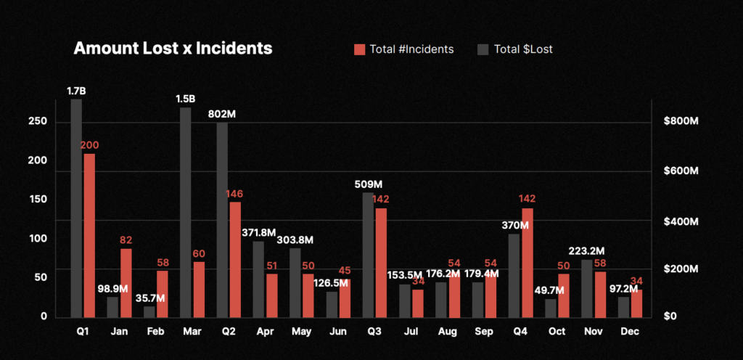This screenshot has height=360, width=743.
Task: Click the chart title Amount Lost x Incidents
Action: (x=173, y=49)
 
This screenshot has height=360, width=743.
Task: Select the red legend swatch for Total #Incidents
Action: (x=360, y=49)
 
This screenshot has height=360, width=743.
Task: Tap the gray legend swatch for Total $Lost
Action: (x=483, y=49)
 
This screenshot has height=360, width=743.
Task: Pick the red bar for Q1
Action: (x=89, y=235)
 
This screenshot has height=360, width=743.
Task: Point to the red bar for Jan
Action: (x=126, y=283)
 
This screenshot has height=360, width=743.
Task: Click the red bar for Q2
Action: (x=235, y=259)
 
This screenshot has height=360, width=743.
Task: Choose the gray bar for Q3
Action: (x=368, y=255)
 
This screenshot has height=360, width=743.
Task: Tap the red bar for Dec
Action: (x=636, y=303)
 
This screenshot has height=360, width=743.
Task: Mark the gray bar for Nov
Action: (x=587, y=288)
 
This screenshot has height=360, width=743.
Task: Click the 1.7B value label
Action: (x=76, y=91)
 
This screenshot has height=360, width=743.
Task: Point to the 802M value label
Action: (x=231, y=114)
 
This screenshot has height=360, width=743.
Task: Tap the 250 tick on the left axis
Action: (x=38, y=121)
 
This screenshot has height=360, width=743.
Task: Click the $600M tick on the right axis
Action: (x=681, y=171)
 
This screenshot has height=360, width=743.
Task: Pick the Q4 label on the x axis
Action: (x=520, y=330)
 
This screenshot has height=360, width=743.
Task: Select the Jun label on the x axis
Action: (x=338, y=330)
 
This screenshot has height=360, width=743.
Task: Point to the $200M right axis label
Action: (x=681, y=269)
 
